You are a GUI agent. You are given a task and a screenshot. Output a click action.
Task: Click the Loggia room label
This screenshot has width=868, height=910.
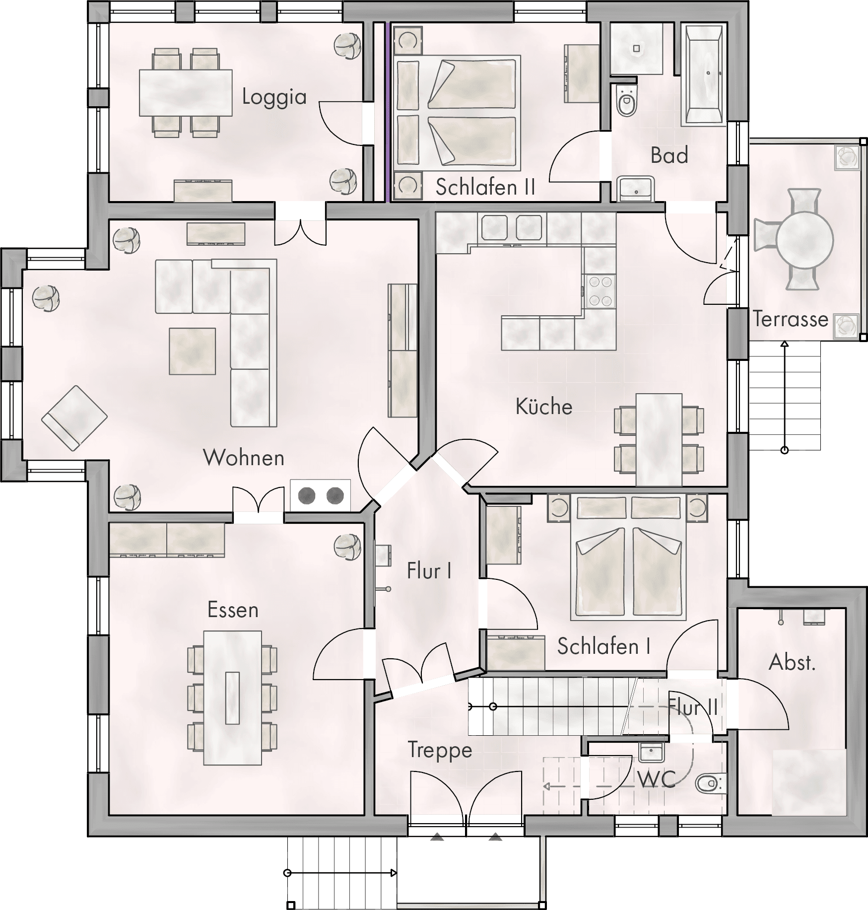[274, 97]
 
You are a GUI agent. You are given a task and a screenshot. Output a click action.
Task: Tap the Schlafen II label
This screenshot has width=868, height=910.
[485, 187]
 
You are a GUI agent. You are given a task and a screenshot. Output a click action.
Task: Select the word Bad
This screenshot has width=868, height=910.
[669, 155]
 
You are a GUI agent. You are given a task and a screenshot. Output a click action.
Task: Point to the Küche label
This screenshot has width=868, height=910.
[544, 406]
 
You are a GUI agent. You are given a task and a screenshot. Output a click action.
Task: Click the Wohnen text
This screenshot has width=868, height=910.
[244, 457]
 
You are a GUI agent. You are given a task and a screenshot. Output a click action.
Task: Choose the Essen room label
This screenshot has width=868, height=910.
[233, 610]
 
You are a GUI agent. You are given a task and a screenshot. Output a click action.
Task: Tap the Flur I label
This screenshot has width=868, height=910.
[429, 571]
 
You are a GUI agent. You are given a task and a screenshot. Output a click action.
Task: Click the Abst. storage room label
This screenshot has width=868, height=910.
[792, 662]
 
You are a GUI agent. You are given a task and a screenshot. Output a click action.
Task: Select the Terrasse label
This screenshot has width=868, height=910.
[791, 319]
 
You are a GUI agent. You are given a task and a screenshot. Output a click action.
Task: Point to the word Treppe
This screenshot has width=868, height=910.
[440, 750]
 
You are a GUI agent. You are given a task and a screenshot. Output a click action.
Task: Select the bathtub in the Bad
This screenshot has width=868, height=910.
[704, 74]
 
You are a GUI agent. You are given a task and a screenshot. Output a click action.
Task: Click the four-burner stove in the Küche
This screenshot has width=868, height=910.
[600, 291]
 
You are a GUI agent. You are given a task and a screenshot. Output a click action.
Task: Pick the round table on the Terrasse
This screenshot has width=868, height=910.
[804, 240]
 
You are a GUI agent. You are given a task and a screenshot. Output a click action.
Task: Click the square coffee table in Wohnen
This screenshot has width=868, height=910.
[193, 351]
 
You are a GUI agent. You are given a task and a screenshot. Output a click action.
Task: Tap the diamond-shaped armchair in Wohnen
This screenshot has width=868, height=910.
[74, 418]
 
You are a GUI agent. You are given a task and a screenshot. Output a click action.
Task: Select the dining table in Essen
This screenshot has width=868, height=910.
[233, 698]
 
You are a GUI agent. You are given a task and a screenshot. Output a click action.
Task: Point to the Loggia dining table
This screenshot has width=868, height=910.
[186, 92]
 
